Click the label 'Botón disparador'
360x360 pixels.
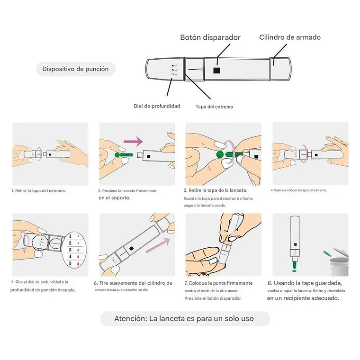click(210, 37)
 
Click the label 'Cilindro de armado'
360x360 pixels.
click(289, 37)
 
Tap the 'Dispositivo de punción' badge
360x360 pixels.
click(75, 69)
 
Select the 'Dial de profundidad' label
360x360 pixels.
click(157, 106)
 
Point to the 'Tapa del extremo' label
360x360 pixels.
click(214, 107)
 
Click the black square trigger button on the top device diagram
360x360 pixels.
click(216, 70)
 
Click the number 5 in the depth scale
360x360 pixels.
click(70, 263)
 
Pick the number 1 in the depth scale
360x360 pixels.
click(70, 235)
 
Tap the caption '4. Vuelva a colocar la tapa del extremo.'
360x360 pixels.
click(298, 190)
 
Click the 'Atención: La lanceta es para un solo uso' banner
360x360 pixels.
click(184, 319)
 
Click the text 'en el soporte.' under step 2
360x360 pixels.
click(114, 198)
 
